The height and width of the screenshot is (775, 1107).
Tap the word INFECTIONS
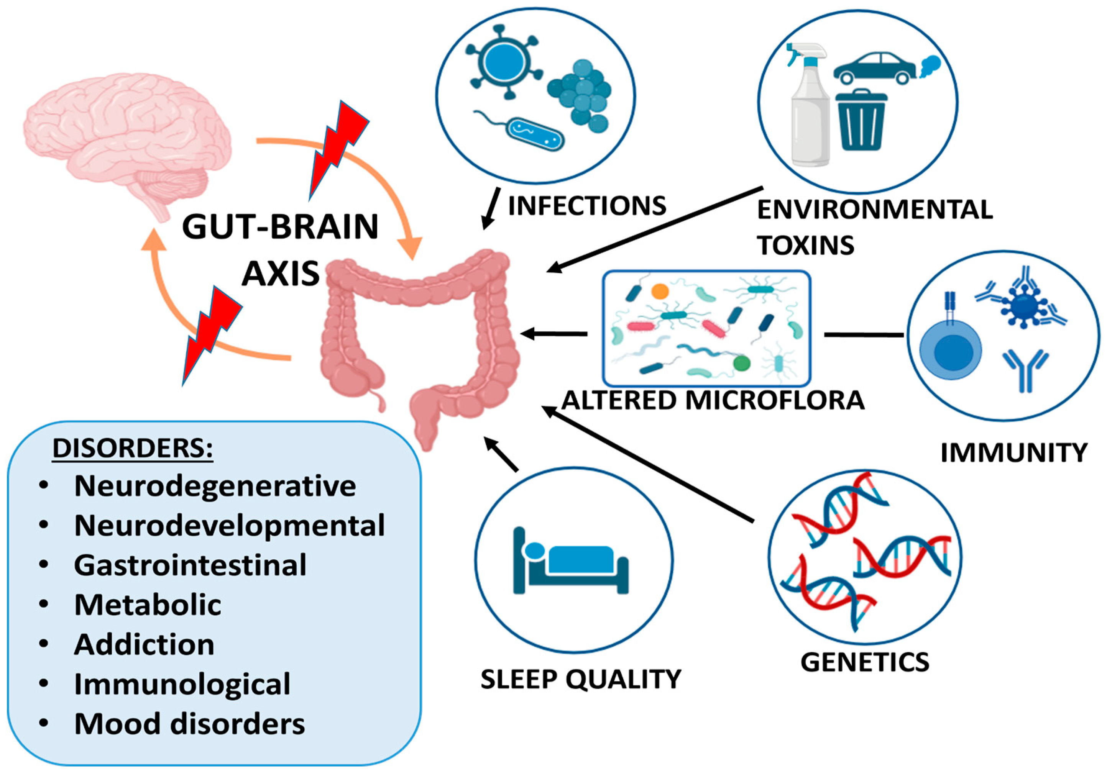pos(587,206)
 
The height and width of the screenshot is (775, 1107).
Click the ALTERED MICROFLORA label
pos(713,400)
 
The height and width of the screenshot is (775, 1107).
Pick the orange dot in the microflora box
pos(660,291)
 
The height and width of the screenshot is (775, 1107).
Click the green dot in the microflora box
pos(742,363)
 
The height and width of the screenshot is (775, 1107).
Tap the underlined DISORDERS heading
pos(132,449)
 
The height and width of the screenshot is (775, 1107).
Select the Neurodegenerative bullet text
pos(215,486)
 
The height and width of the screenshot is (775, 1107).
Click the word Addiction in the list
pos(144,644)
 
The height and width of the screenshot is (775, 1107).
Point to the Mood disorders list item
pos(189,723)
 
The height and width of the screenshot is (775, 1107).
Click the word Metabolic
pos(148,605)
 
